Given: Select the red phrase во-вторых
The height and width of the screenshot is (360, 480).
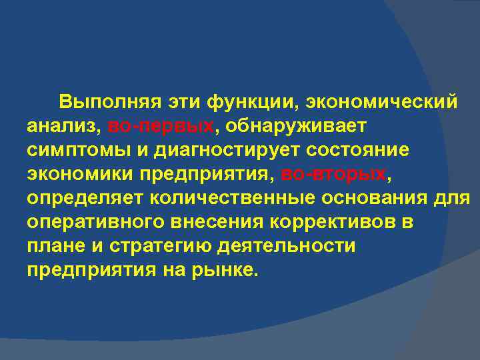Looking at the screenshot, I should pos(333,175).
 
